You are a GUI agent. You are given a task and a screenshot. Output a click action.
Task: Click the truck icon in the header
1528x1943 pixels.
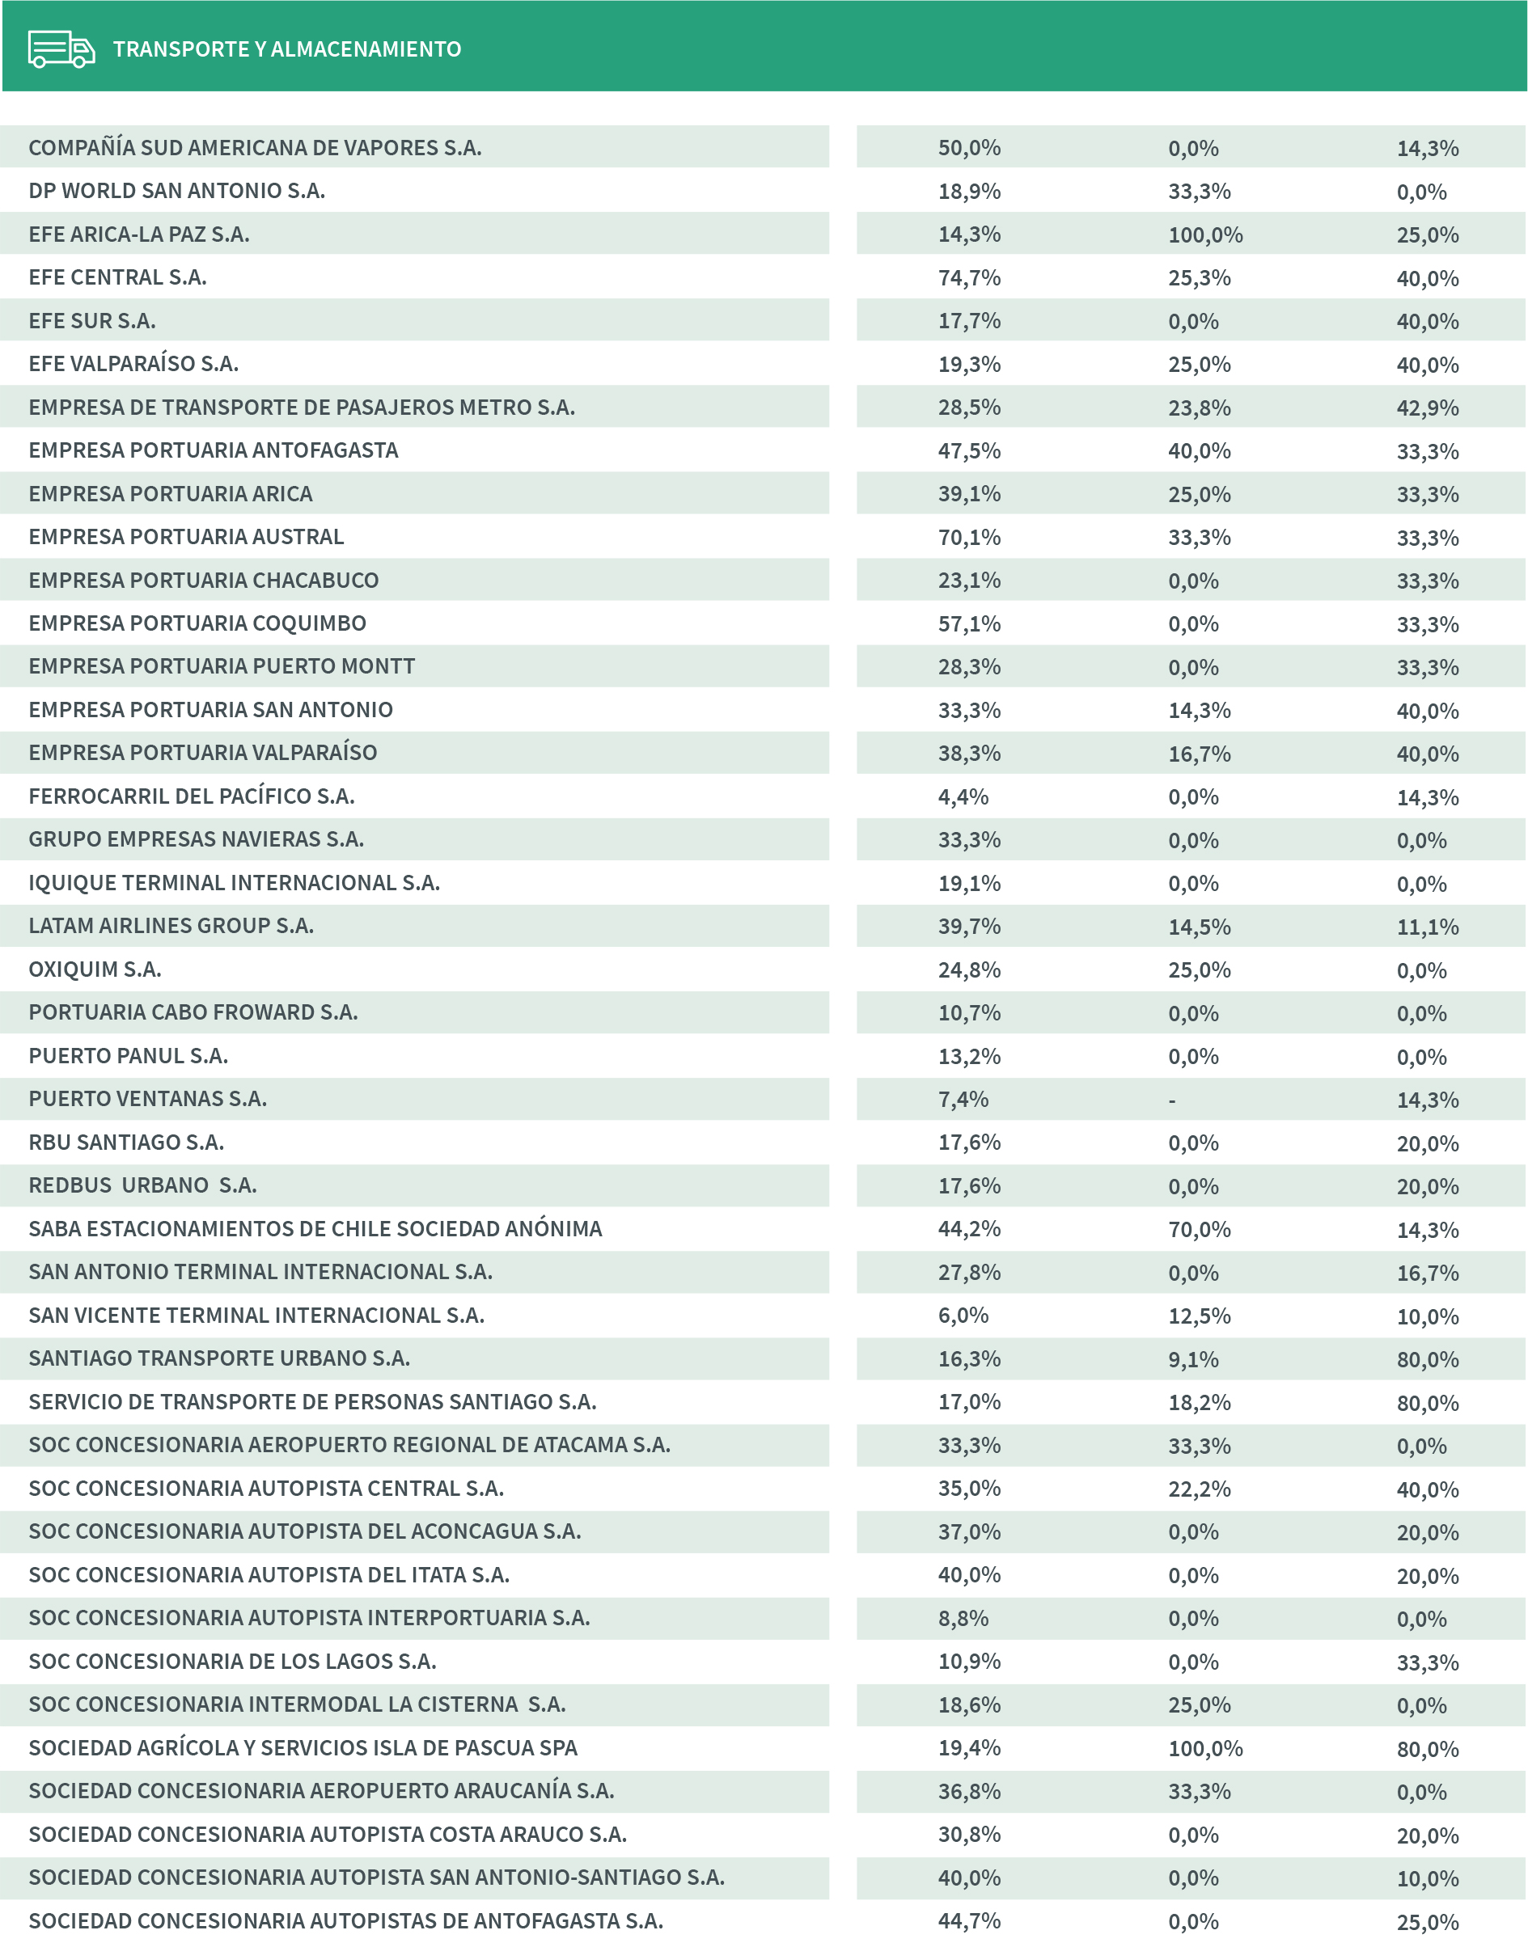(x=61, y=49)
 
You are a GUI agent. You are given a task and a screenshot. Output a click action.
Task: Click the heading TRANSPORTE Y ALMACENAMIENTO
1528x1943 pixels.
(x=286, y=49)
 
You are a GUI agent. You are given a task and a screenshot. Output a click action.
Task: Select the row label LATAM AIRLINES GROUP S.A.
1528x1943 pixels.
(x=171, y=926)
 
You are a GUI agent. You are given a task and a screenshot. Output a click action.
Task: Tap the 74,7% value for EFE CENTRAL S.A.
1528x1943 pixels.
(x=969, y=278)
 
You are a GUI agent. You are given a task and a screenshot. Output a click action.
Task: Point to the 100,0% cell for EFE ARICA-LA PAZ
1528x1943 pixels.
(x=1205, y=235)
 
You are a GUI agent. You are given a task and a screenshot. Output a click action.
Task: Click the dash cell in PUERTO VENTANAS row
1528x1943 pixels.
(x=1172, y=1100)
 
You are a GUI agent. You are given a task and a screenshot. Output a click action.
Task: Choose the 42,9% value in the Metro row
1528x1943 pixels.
(x=1427, y=408)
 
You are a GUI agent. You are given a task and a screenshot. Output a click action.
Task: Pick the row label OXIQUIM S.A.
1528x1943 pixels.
(x=95, y=969)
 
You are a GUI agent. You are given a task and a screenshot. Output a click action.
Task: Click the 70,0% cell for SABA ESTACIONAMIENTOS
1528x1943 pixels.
(x=1199, y=1230)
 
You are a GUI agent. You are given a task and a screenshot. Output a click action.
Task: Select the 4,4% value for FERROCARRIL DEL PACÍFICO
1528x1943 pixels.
(x=963, y=796)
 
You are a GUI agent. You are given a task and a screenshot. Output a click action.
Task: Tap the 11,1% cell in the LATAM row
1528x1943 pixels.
(x=1427, y=927)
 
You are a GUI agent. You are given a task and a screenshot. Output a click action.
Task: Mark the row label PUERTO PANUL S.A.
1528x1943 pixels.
(x=128, y=1056)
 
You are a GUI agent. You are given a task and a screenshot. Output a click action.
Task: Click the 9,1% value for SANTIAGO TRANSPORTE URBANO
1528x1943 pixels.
(x=1192, y=1359)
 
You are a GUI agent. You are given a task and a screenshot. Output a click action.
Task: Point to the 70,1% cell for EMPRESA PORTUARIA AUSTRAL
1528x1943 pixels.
(x=969, y=538)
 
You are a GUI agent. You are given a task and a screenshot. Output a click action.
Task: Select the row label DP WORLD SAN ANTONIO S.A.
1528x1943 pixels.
(x=176, y=191)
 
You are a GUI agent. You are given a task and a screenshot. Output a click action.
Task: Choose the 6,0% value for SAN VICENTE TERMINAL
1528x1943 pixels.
(x=963, y=1316)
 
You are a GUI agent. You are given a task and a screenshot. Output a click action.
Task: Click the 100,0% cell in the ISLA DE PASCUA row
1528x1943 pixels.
(x=1205, y=1748)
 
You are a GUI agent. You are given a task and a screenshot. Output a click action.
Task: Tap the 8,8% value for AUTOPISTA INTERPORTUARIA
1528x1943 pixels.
(x=963, y=1619)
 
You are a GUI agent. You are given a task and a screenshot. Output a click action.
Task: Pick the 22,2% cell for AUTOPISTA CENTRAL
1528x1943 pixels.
(x=1199, y=1489)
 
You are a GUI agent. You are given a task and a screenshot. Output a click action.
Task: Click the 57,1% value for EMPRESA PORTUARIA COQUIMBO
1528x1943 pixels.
(x=969, y=624)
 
